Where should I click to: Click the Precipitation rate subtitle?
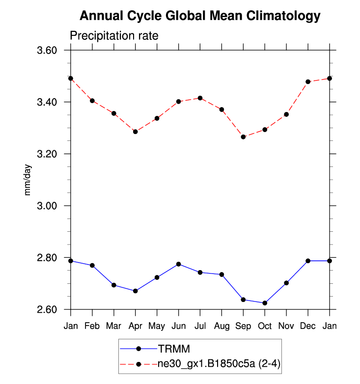click(113, 36)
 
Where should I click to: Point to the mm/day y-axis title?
click(28, 180)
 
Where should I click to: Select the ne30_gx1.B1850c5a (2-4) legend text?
click(219, 364)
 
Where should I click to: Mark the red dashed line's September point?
click(243, 137)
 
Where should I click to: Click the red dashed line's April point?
click(135, 132)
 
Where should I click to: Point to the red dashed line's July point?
click(200, 98)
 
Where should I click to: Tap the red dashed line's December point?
click(308, 82)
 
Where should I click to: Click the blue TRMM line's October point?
click(265, 303)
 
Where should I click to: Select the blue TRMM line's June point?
click(178, 264)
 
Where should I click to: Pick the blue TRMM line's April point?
click(135, 291)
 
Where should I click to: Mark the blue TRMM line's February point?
click(92, 266)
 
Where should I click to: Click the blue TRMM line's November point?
click(286, 283)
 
